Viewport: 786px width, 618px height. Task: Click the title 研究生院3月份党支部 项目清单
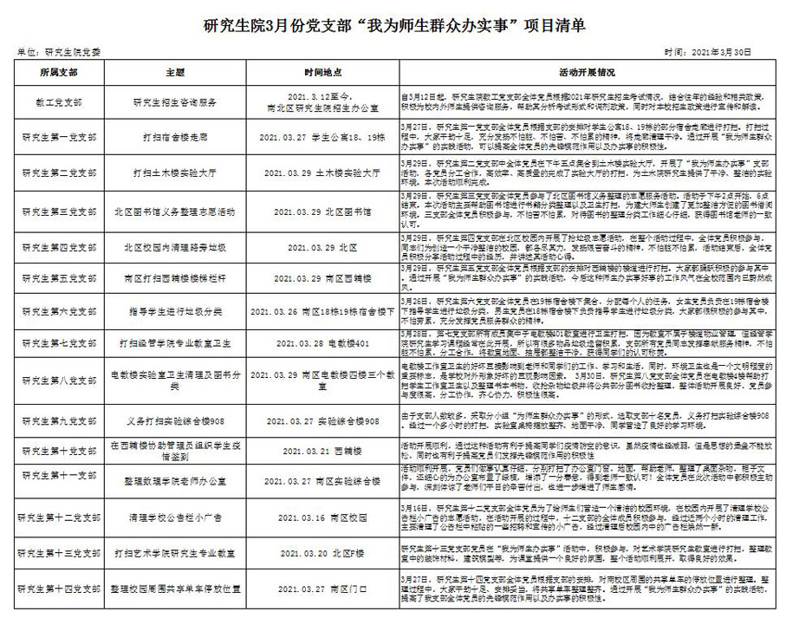pos(393,25)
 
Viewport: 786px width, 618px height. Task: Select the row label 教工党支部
pos(56,101)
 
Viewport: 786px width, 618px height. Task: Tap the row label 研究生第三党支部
pos(56,211)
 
